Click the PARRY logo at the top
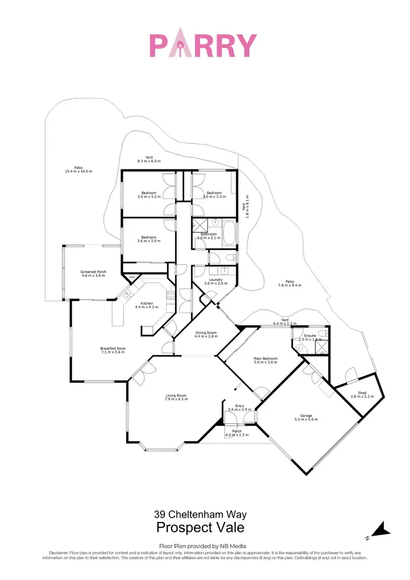point(203,45)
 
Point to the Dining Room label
point(206,335)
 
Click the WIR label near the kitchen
point(131,278)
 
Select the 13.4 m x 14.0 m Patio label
point(79,169)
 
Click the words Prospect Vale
point(200,528)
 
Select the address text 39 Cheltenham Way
point(200,514)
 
